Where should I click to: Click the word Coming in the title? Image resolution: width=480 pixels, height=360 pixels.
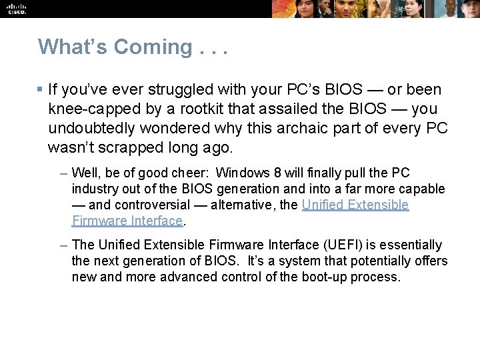click(x=153, y=47)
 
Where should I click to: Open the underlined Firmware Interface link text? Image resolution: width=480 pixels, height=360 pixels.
click(x=127, y=221)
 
